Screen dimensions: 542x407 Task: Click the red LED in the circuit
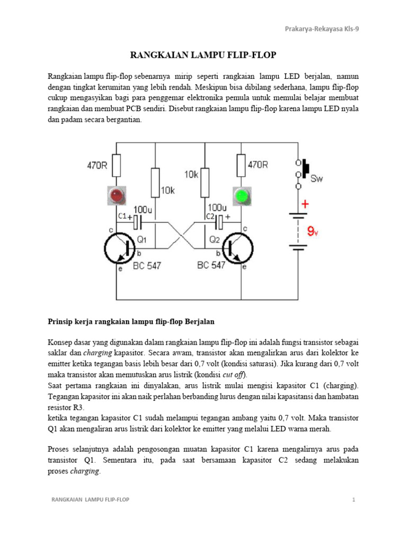click(117, 196)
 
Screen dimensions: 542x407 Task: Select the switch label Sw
click(316, 178)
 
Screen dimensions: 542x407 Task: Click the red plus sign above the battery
click(305, 204)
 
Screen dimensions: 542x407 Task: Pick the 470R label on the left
click(97, 165)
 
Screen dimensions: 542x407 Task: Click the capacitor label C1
click(121, 216)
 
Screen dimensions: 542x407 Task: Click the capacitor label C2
click(210, 216)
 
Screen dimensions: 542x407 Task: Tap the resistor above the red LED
click(117, 165)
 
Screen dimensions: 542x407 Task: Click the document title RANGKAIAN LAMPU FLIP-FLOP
click(203, 55)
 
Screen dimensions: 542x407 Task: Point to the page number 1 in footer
click(352, 499)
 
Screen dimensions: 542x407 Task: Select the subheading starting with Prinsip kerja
click(131, 321)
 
